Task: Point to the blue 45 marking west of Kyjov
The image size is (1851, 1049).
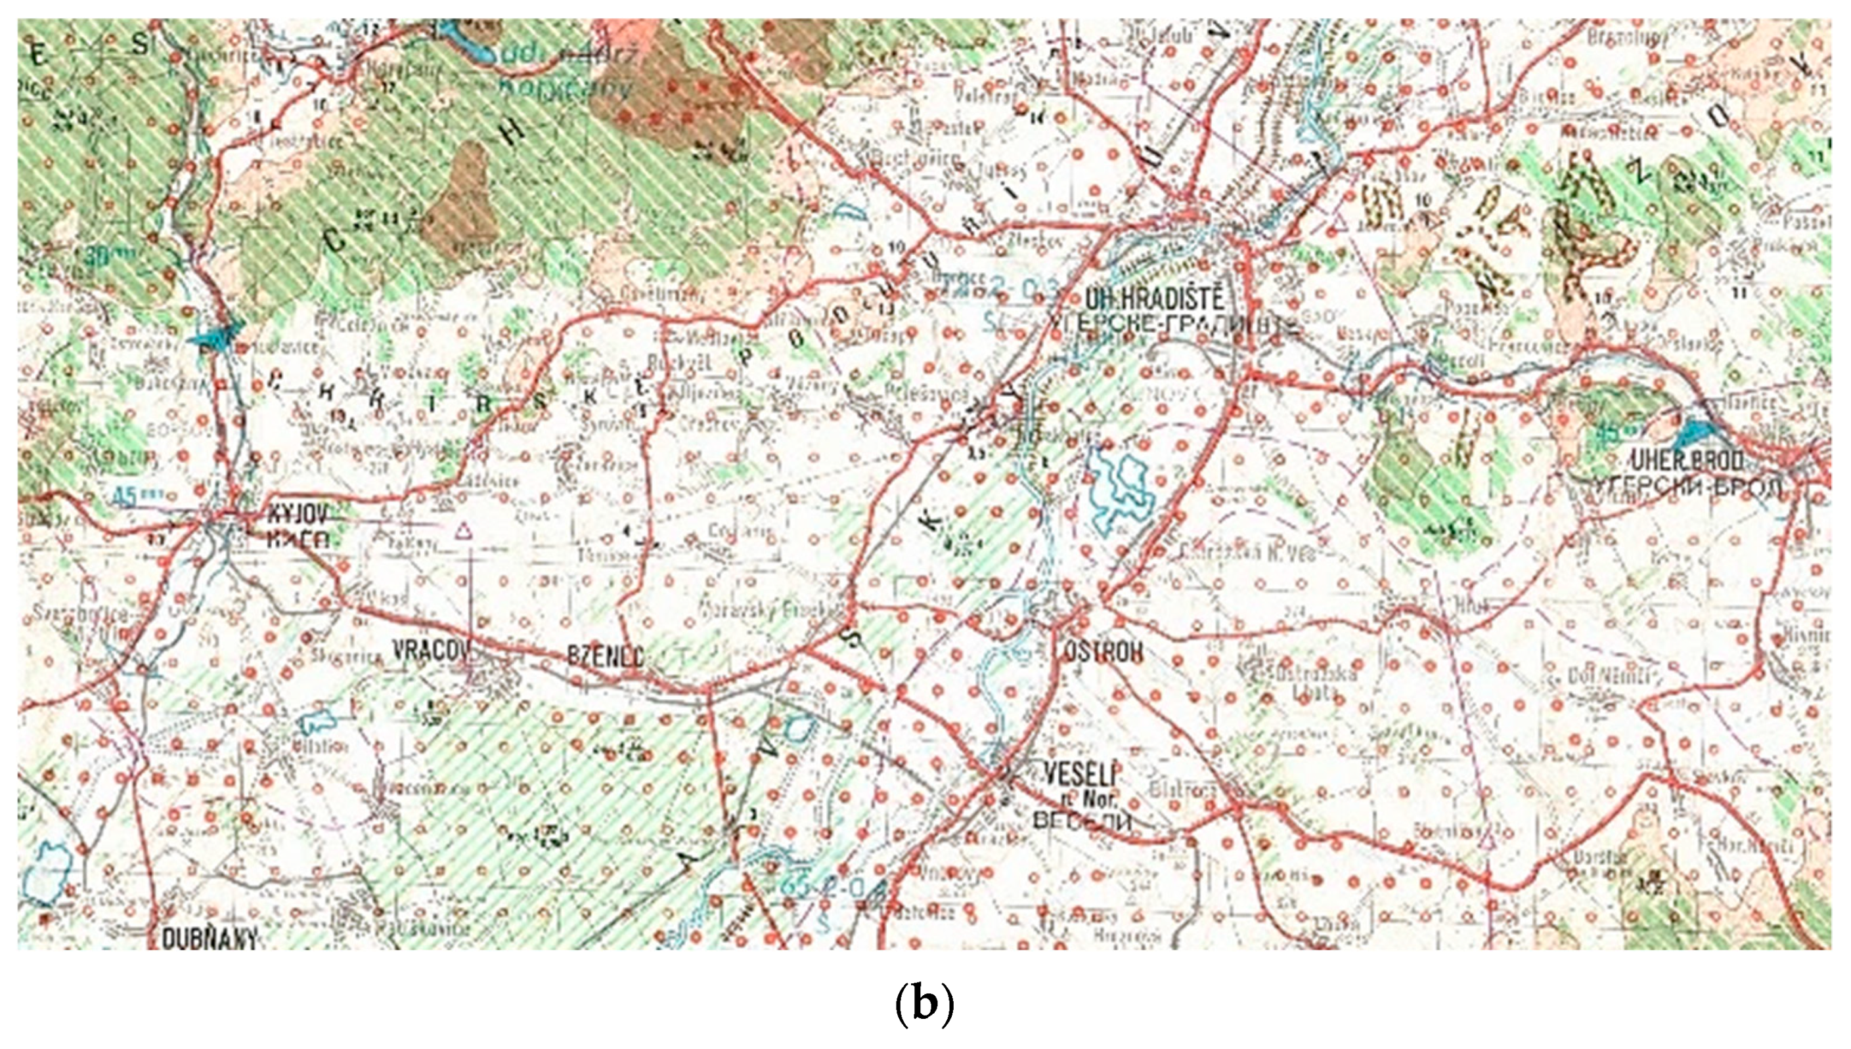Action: pos(130,496)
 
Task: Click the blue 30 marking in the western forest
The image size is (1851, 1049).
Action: pos(99,254)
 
